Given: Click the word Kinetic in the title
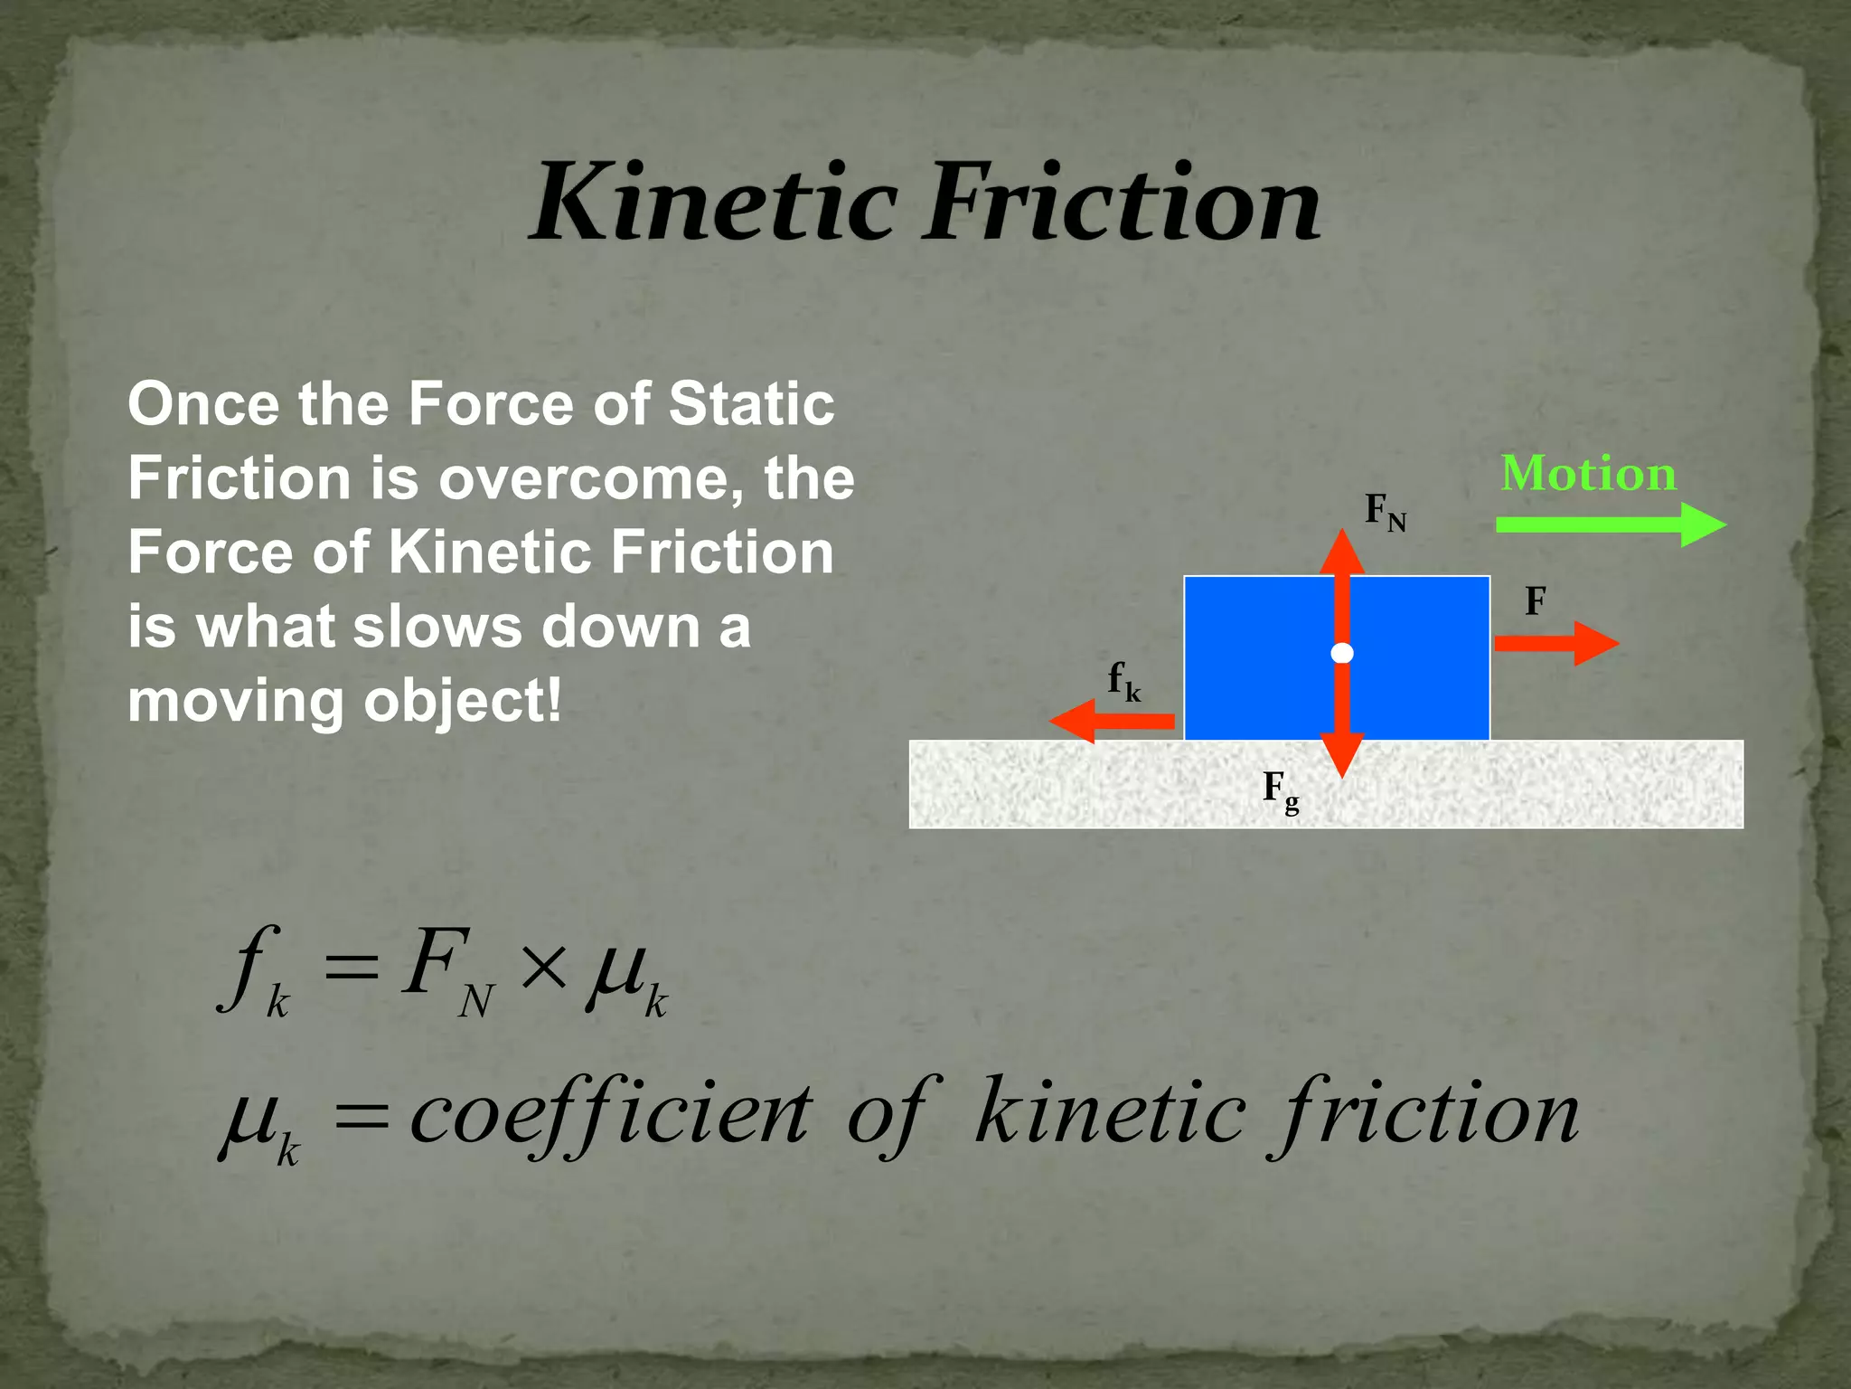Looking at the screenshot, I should click(x=714, y=203).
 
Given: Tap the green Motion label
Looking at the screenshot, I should click(x=1588, y=473).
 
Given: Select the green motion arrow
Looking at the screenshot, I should click(x=1609, y=524).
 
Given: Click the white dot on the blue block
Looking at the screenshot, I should click(x=1342, y=653).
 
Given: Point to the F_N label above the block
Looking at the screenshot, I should click(x=1384, y=512).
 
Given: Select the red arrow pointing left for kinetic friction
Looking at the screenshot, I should click(x=1112, y=721).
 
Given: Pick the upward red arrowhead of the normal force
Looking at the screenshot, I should click(x=1342, y=552).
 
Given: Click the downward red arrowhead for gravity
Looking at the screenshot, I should click(x=1342, y=756).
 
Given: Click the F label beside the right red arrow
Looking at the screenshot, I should click(x=1535, y=601).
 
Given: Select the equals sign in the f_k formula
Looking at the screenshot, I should click(x=350, y=971).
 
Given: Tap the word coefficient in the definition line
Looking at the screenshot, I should click(x=610, y=1114).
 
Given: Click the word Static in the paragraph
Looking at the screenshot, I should click(x=750, y=403).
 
